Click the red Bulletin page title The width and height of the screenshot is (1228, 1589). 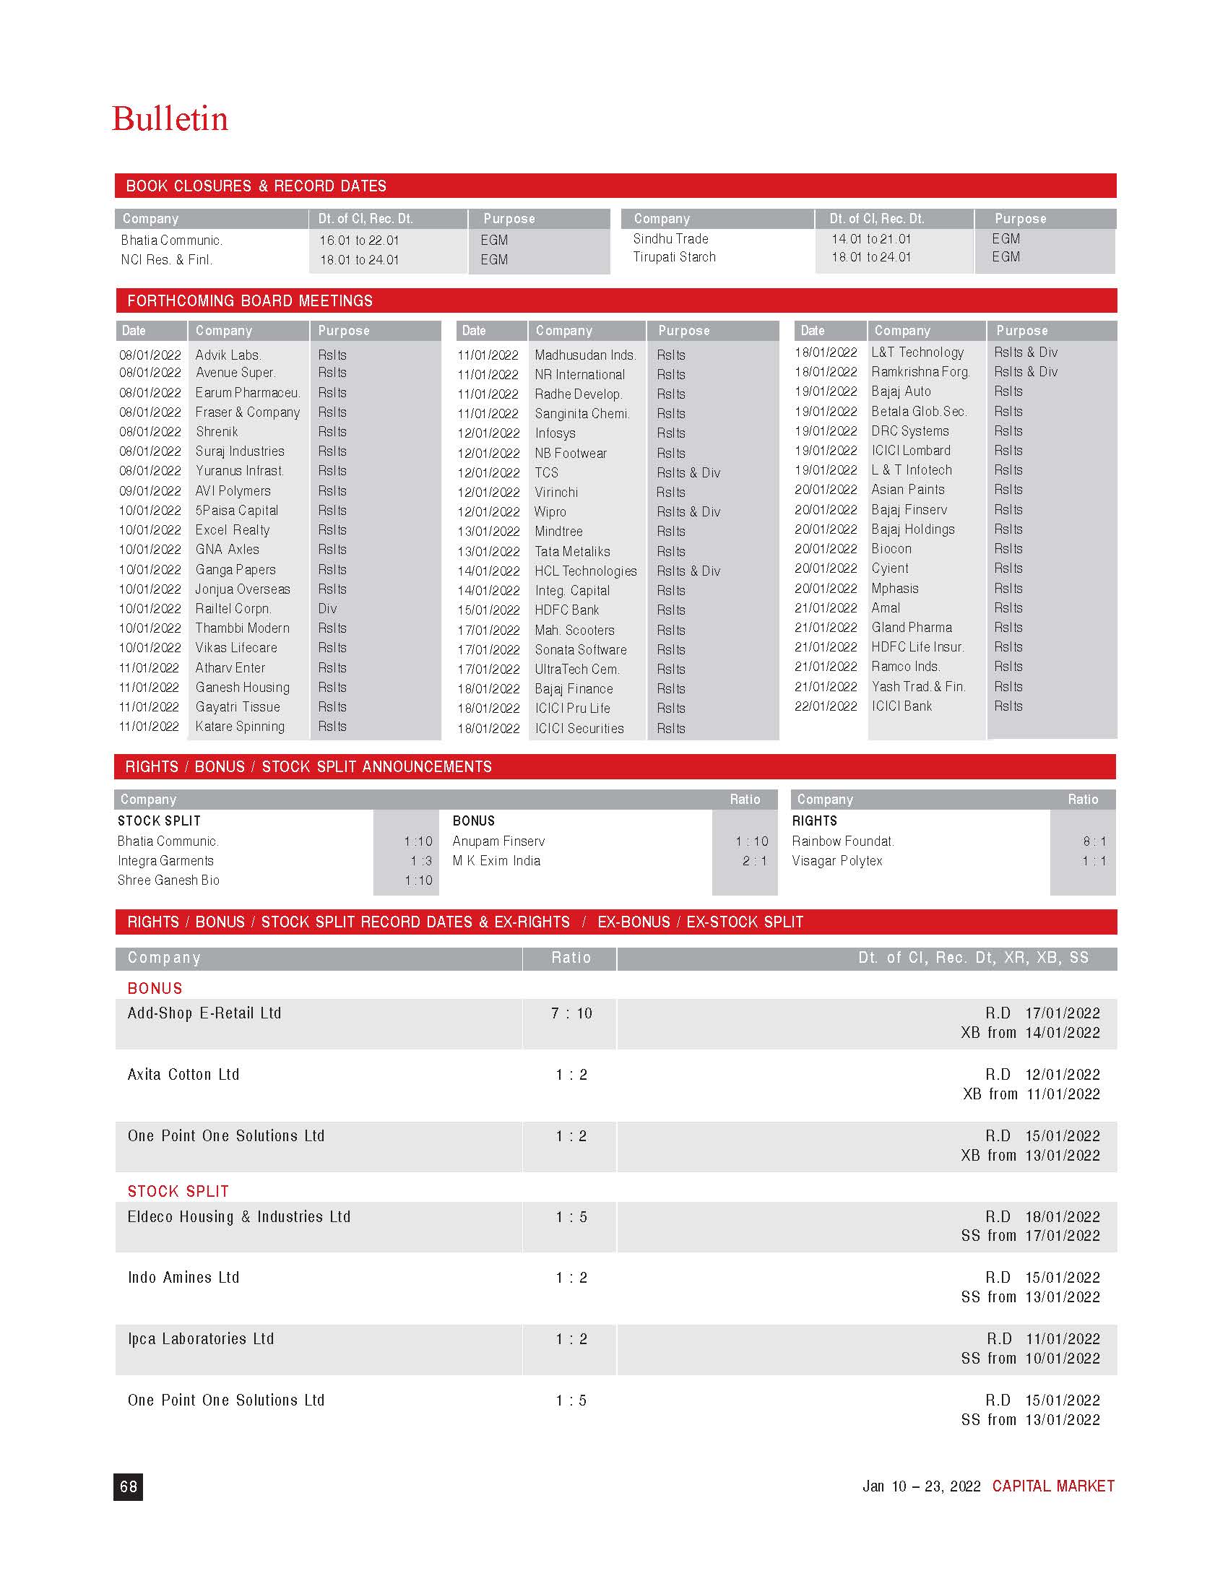pyautogui.click(x=170, y=119)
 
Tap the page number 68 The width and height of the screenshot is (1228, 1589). pyautogui.click(x=128, y=1486)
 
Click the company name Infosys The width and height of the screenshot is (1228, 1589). pyautogui.click(x=555, y=433)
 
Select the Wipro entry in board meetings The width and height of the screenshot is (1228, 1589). pyautogui.click(x=550, y=512)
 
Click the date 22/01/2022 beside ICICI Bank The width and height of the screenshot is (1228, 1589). pyautogui.click(x=826, y=706)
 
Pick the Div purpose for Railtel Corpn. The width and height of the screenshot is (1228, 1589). pyautogui.click(x=327, y=609)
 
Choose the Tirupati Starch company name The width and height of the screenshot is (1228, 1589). pyautogui.click(x=674, y=258)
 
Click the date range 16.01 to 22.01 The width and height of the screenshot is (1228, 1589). pyautogui.click(x=359, y=241)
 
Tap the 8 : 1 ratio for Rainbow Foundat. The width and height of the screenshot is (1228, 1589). pyautogui.click(x=1094, y=841)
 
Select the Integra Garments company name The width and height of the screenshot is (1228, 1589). pyautogui.click(x=166, y=862)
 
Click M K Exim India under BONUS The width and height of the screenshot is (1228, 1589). pyautogui.click(x=496, y=862)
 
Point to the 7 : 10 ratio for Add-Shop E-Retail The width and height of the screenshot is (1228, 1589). pyautogui.click(x=571, y=1013)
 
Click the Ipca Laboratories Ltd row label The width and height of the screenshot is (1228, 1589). pyautogui.click(x=201, y=1339)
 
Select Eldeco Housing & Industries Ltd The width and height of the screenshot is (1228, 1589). pyautogui.click(x=238, y=1217)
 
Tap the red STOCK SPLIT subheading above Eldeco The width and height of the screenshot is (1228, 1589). pyautogui.click(x=178, y=1192)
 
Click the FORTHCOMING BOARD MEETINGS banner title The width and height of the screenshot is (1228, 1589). pyautogui.click(x=249, y=301)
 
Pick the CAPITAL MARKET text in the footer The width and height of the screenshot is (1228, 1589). pyautogui.click(x=1052, y=1486)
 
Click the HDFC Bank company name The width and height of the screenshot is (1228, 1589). pyautogui.click(x=567, y=610)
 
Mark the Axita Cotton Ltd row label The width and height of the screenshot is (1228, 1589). pyautogui.click(x=183, y=1075)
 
